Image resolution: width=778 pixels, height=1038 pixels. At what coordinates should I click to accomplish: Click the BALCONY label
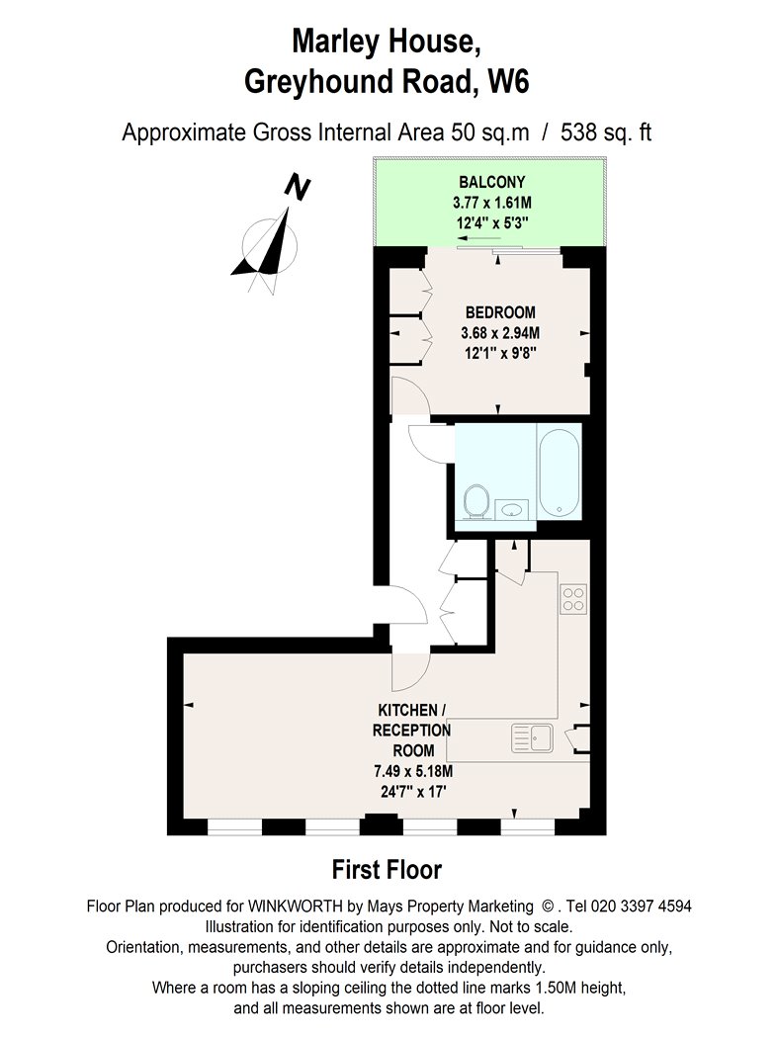[491, 181]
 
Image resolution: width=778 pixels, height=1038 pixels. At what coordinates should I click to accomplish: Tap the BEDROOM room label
[500, 311]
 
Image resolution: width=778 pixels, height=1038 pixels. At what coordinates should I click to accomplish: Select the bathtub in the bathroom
[559, 472]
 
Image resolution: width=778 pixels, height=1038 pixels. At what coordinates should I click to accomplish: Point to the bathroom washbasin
[512, 509]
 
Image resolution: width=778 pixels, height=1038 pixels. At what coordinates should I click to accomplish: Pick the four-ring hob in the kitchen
[573, 599]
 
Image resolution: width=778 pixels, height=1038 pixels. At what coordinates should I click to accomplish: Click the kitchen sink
[533, 738]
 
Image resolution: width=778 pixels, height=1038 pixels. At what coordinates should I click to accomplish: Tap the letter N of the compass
[298, 187]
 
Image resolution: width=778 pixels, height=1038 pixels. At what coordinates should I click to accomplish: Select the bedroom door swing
[410, 395]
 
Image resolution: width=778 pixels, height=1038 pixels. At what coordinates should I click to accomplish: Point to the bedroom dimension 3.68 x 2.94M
[500, 332]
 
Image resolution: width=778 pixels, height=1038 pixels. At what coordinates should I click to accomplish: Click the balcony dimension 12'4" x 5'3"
[492, 223]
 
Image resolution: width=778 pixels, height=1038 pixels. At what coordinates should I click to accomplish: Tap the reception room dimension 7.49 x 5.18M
[413, 771]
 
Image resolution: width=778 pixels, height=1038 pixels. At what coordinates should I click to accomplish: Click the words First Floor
[387, 869]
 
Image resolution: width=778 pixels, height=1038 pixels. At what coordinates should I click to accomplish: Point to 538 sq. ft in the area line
[606, 132]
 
